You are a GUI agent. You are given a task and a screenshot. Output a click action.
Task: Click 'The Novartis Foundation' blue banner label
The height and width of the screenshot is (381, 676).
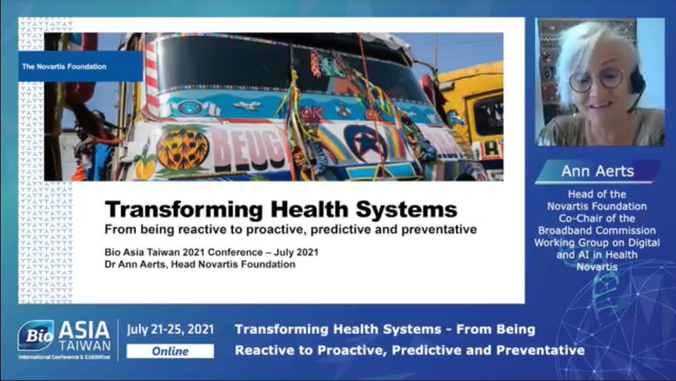(x=80, y=67)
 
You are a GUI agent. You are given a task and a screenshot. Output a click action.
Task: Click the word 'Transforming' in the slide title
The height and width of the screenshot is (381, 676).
(x=184, y=210)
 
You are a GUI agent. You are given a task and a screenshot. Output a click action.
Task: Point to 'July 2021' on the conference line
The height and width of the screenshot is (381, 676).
(x=296, y=252)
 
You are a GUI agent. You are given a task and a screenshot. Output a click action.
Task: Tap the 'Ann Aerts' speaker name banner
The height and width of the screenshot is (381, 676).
(x=598, y=172)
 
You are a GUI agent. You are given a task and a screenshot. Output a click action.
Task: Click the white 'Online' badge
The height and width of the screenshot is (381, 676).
(x=170, y=351)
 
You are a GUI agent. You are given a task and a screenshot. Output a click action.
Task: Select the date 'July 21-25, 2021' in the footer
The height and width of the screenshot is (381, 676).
(x=170, y=329)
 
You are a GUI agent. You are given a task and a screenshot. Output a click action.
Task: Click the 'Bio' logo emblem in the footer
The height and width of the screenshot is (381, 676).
(x=37, y=335)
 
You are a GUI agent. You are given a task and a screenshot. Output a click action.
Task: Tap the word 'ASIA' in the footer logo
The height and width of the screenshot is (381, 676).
(x=84, y=331)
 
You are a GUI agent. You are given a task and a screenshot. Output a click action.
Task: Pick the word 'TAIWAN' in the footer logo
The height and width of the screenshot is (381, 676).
(x=85, y=346)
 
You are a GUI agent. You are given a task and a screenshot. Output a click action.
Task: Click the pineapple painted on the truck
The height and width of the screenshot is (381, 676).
(x=183, y=149)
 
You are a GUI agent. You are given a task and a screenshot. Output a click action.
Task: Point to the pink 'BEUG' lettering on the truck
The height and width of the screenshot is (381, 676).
(x=248, y=149)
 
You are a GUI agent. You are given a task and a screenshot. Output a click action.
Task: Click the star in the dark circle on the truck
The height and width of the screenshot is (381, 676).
(x=364, y=145)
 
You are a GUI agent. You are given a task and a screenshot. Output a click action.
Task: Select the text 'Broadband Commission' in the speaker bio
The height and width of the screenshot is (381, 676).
(x=597, y=230)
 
